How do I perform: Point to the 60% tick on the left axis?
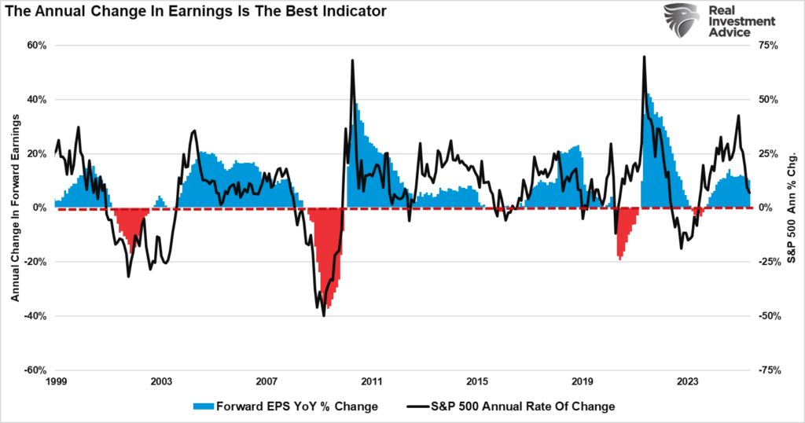[38, 46]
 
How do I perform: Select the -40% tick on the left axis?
[35, 316]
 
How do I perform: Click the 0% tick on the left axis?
[40, 208]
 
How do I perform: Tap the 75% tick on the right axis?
[766, 46]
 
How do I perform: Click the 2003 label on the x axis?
[161, 381]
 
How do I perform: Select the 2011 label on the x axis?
[372, 381]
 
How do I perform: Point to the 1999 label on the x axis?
[56, 381]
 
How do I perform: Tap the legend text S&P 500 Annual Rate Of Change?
[522, 406]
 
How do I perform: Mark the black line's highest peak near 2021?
[644, 57]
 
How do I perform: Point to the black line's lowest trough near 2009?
[324, 315]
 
